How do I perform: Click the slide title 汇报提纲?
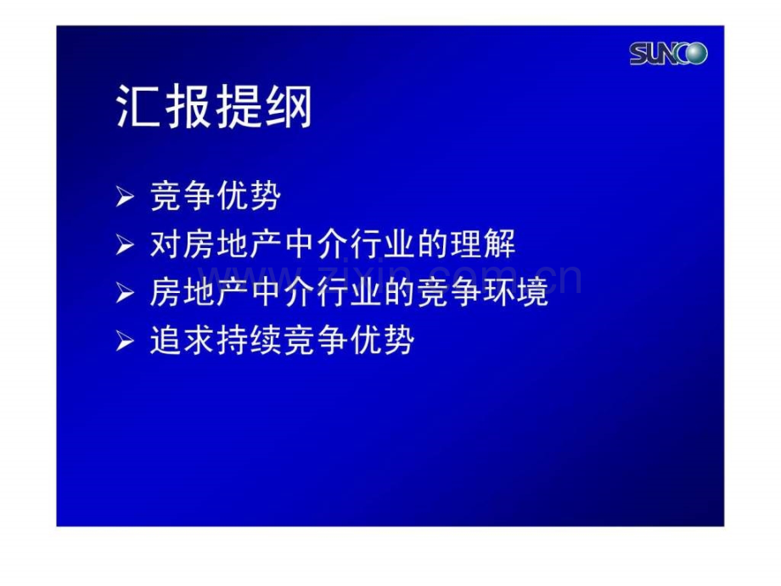coord(214,108)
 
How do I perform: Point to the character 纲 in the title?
coord(289,108)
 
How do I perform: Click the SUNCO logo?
coord(668,54)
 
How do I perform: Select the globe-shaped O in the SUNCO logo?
coord(696,54)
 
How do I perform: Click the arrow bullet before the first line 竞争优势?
coord(125,199)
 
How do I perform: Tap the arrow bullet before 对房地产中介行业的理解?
coord(125,246)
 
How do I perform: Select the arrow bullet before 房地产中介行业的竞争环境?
coord(125,294)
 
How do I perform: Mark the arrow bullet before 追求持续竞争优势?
coord(125,342)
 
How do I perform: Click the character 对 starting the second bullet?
coord(166,245)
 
